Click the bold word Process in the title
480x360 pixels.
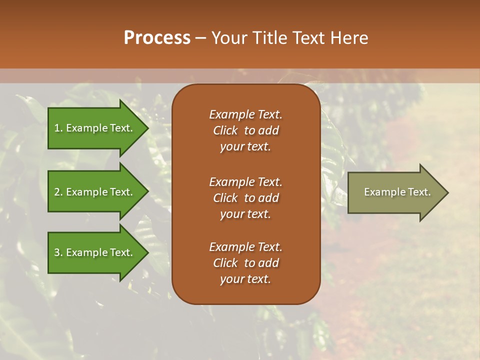[157, 37]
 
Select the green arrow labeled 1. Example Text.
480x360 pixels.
[95, 128]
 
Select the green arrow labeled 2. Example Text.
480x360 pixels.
[95, 192]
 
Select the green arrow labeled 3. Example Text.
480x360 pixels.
[95, 252]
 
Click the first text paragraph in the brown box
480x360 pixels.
[245, 130]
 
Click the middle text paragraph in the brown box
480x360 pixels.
[245, 198]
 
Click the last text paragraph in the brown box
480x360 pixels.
[245, 263]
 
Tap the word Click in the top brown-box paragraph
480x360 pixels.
[225, 130]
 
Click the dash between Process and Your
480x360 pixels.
[200, 38]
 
